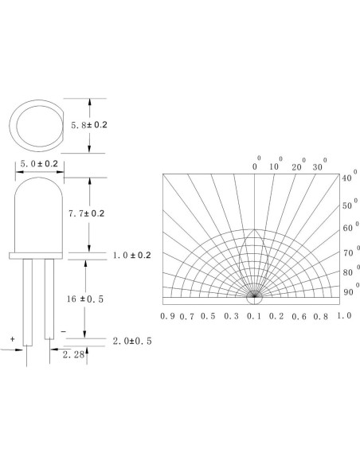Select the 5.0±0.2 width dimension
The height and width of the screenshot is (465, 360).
point(39,164)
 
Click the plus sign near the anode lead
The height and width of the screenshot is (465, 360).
point(13,338)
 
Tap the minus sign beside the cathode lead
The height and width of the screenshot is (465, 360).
point(63,328)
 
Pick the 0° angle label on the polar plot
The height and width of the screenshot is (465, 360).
point(256,166)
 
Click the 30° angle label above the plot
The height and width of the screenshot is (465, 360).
point(319,166)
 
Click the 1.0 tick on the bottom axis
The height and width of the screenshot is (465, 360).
point(344,316)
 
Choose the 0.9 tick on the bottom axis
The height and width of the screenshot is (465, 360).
point(167,316)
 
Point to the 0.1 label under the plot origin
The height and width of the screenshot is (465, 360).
point(252,316)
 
